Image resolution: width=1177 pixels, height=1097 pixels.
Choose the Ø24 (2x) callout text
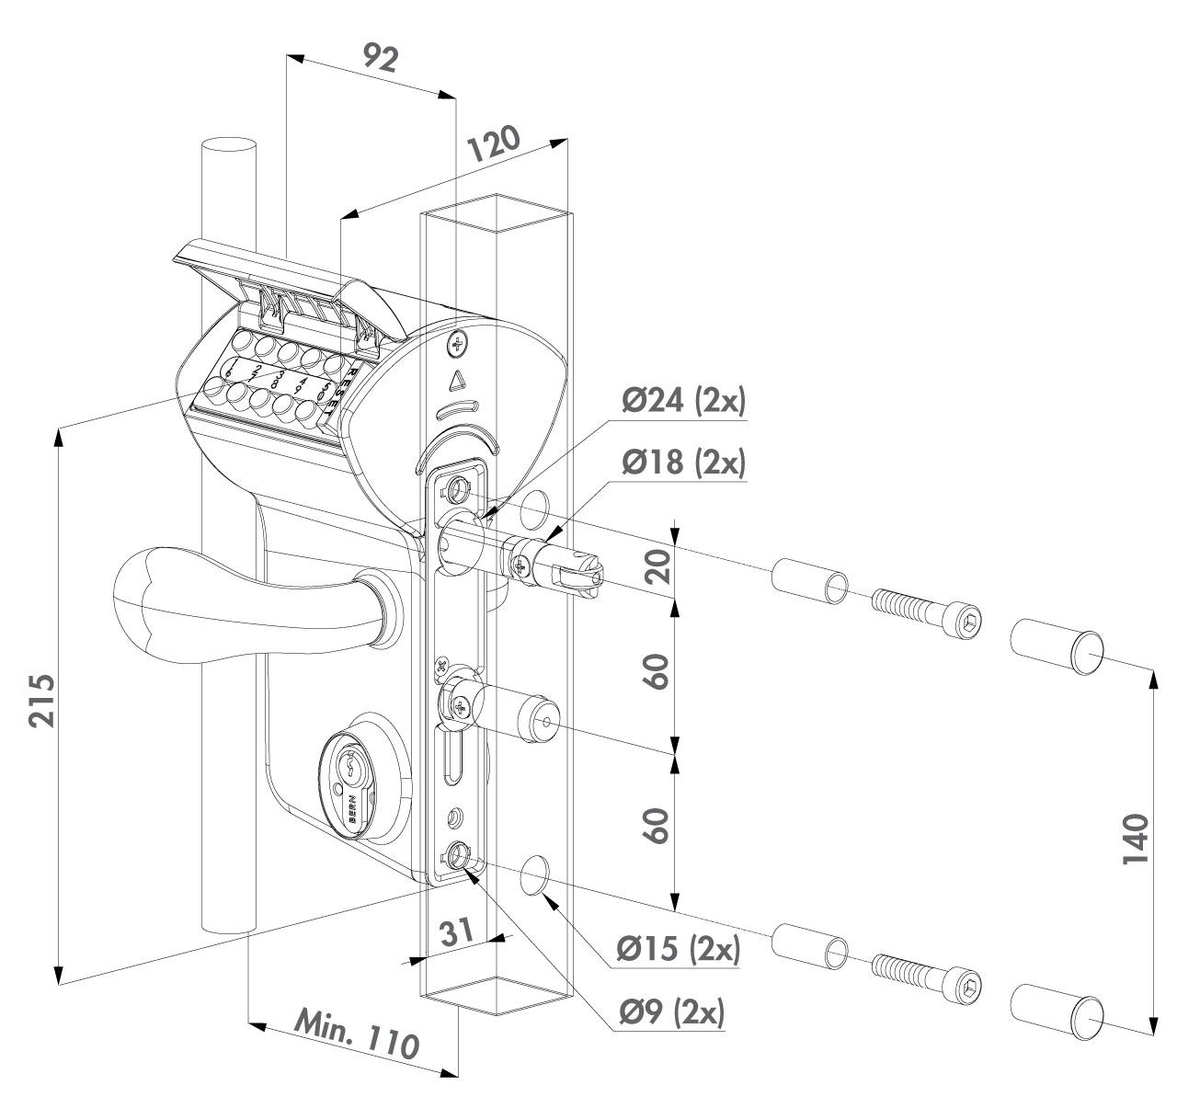click(x=683, y=402)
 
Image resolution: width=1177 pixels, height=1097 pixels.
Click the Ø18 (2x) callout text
click(x=683, y=463)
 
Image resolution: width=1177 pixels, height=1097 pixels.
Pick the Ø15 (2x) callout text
click(x=678, y=950)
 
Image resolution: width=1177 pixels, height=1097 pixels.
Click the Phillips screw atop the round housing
click(x=457, y=344)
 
